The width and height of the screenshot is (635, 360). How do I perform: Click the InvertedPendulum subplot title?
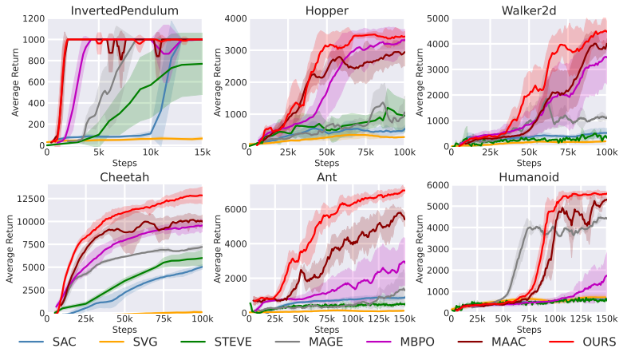click(x=125, y=10)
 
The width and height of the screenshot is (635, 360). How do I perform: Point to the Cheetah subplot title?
click(x=125, y=177)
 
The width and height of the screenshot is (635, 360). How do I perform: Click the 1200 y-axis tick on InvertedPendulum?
click(x=31, y=18)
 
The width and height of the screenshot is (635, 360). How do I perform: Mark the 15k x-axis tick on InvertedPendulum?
click(x=202, y=152)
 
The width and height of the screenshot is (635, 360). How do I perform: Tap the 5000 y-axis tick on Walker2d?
click(x=438, y=18)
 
